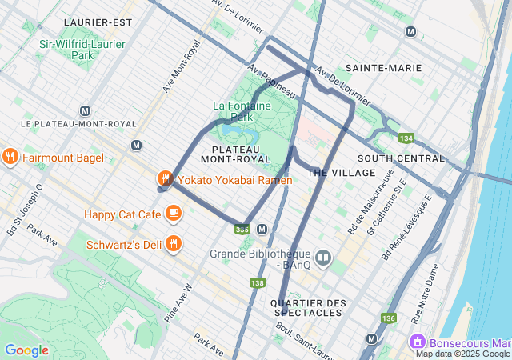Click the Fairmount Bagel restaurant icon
(10, 157)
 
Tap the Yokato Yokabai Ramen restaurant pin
(166, 179)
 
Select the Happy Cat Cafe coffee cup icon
(174, 214)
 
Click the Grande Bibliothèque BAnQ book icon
(323, 258)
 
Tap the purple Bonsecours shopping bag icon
(417, 342)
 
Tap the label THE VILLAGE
(342, 173)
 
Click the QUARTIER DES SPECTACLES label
(309, 308)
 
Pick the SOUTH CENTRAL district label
(400, 158)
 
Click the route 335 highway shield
(242, 230)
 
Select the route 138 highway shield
(257, 283)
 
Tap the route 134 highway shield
(406, 138)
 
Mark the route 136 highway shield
(389, 318)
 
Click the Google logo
(26, 350)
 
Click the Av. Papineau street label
(272, 82)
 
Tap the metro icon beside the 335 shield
(262, 230)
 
